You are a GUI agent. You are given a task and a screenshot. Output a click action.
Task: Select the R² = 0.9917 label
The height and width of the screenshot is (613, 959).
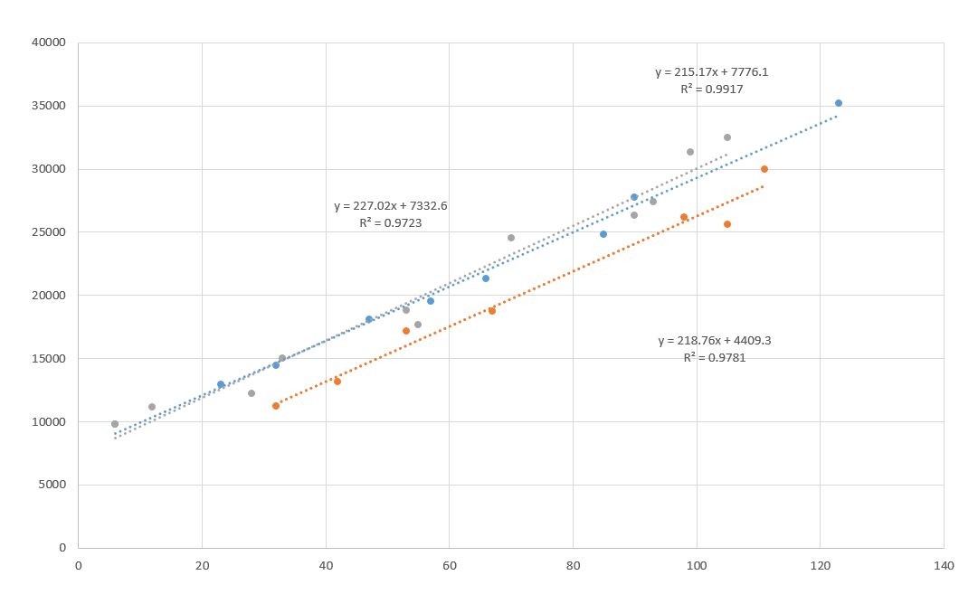click(712, 90)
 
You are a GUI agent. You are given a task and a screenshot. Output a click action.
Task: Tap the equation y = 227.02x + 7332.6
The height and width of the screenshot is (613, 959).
click(390, 206)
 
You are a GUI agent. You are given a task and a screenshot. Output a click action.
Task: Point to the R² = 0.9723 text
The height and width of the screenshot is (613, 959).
click(390, 222)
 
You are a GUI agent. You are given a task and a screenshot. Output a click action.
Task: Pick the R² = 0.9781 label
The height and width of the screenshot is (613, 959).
click(715, 357)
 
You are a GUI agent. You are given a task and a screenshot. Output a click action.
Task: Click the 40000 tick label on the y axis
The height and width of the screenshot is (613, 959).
click(50, 42)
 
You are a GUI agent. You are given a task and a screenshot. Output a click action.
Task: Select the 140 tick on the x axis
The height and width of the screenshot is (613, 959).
click(943, 566)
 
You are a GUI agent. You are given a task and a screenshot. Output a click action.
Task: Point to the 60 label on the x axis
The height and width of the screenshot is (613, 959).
click(449, 566)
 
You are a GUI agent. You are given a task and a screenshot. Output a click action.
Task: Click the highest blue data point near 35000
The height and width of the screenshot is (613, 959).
click(839, 103)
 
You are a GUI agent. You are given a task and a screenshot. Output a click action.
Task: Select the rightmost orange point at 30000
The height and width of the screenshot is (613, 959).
click(764, 169)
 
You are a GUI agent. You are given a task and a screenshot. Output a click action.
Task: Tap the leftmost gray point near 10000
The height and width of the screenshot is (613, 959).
click(115, 424)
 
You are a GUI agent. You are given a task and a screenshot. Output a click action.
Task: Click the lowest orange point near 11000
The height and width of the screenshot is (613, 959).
click(276, 406)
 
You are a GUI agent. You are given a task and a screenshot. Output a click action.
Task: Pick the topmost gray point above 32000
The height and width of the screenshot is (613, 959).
click(727, 137)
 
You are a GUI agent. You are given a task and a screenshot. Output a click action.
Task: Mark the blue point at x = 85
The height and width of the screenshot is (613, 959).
click(603, 234)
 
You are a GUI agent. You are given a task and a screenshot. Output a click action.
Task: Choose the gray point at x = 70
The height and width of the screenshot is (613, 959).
click(511, 238)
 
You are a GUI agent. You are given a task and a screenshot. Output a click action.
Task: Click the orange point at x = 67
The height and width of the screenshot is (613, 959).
click(492, 311)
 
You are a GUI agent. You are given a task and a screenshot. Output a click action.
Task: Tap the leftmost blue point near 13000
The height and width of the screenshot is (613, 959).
click(221, 384)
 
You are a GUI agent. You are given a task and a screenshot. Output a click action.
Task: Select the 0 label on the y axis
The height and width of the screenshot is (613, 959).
click(62, 548)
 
